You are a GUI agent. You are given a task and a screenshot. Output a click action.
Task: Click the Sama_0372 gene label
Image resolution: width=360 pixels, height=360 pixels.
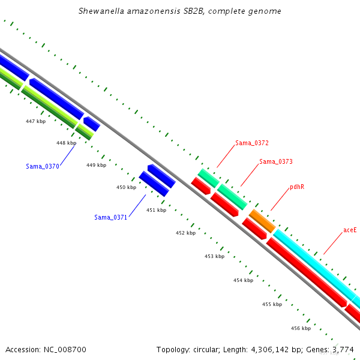252,143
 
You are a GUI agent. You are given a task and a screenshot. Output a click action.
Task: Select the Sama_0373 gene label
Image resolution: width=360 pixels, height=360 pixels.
276,161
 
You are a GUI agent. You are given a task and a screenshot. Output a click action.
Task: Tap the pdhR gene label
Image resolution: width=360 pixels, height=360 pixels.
297,187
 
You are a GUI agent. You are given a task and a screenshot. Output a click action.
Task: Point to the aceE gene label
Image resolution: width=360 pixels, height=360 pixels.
350,230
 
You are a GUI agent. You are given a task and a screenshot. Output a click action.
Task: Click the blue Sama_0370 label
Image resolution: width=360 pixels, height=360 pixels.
43,166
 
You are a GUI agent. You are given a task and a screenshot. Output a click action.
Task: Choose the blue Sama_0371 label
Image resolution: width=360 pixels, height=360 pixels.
110,217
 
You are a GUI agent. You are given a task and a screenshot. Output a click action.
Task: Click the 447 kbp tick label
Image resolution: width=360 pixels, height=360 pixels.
35,121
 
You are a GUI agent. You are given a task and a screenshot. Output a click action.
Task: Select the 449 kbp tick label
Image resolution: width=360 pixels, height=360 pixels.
96,165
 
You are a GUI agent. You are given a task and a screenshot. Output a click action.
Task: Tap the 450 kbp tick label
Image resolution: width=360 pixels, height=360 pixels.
126,187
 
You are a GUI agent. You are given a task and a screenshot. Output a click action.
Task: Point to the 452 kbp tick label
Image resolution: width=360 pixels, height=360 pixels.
186,233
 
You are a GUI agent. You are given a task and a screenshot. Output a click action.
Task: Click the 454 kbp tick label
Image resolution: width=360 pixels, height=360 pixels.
244,280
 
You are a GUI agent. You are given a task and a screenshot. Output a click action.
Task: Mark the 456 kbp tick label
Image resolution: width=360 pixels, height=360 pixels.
301,328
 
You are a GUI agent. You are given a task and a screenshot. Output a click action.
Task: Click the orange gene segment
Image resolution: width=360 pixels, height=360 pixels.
262,221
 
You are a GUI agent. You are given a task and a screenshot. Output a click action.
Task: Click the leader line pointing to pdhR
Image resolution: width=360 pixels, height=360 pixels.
280,199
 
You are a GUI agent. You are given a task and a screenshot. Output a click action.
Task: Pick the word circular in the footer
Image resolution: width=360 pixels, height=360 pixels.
205,350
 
